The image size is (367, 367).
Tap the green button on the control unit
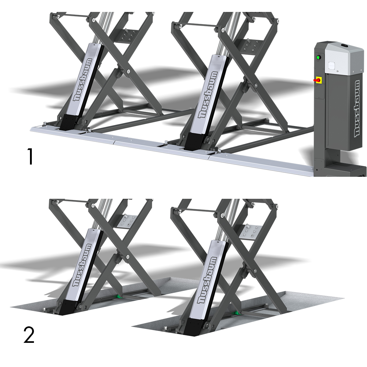click(318, 57)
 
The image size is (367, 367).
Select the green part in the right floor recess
click(237, 312)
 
